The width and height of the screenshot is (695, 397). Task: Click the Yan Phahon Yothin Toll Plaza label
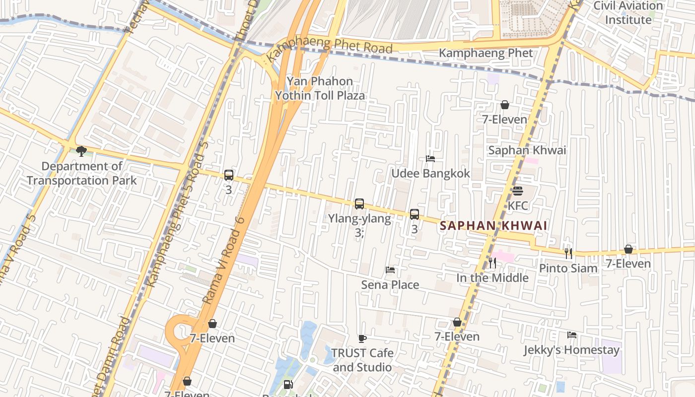coord(320,88)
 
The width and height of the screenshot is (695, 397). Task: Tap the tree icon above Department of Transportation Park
coord(81,151)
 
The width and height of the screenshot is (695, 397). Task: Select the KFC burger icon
coord(518,191)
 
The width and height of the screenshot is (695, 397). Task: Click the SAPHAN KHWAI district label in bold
coord(493,226)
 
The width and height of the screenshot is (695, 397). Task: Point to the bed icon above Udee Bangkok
coord(430,159)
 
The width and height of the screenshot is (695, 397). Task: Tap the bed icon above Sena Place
coord(390,270)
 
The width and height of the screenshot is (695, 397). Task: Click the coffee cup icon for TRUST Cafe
coord(362,338)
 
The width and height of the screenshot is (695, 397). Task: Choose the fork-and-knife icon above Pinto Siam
coord(568,253)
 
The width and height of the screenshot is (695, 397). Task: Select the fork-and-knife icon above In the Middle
coord(492,263)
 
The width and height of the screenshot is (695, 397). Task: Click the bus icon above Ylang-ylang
coord(359,204)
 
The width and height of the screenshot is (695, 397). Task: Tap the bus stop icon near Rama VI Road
coord(228,175)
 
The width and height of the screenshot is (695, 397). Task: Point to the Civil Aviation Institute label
coord(628,13)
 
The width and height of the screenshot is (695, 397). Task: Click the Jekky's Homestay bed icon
coord(572,335)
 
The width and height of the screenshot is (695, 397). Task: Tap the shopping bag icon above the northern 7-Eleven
coord(505,105)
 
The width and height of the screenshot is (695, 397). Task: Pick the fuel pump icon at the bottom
coord(288,384)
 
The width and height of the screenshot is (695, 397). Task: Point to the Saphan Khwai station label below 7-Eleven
coord(527,150)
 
